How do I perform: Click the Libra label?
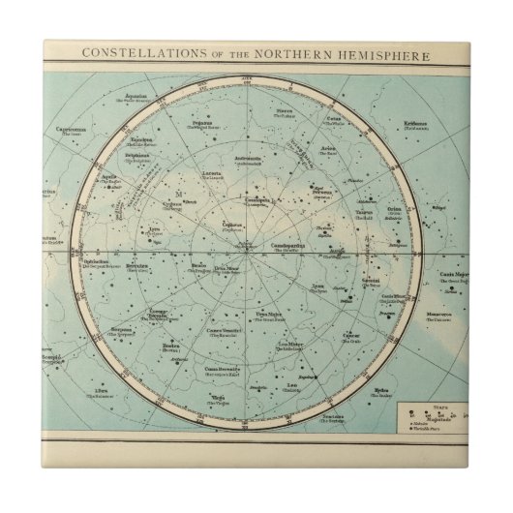coord(96,392)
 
